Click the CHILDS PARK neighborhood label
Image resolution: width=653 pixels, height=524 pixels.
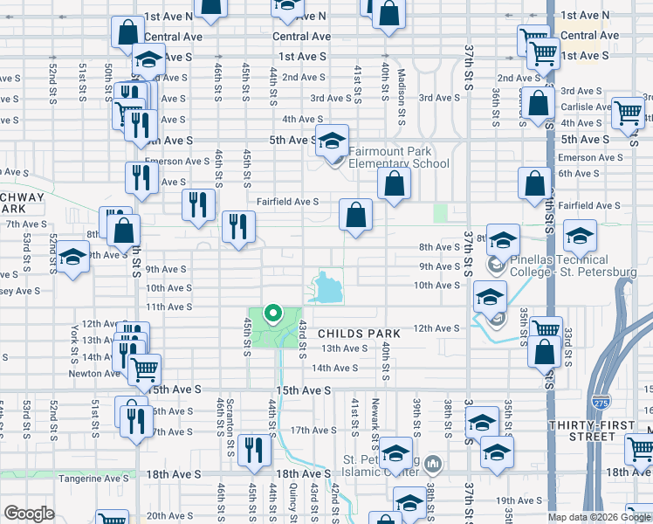click(x=359, y=334)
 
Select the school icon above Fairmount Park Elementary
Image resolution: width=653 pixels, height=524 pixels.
click(x=332, y=142)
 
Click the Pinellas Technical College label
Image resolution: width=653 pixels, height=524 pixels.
click(x=559, y=266)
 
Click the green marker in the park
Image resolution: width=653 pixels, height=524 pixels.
click(x=272, y=313)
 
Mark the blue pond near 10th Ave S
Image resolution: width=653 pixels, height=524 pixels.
click(x=326, y=286)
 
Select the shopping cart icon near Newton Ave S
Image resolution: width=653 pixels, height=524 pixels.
click(x=145, y=369)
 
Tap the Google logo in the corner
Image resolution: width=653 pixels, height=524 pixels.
click(x=30, y=514)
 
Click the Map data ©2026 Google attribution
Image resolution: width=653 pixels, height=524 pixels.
click(x=598, y=517)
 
